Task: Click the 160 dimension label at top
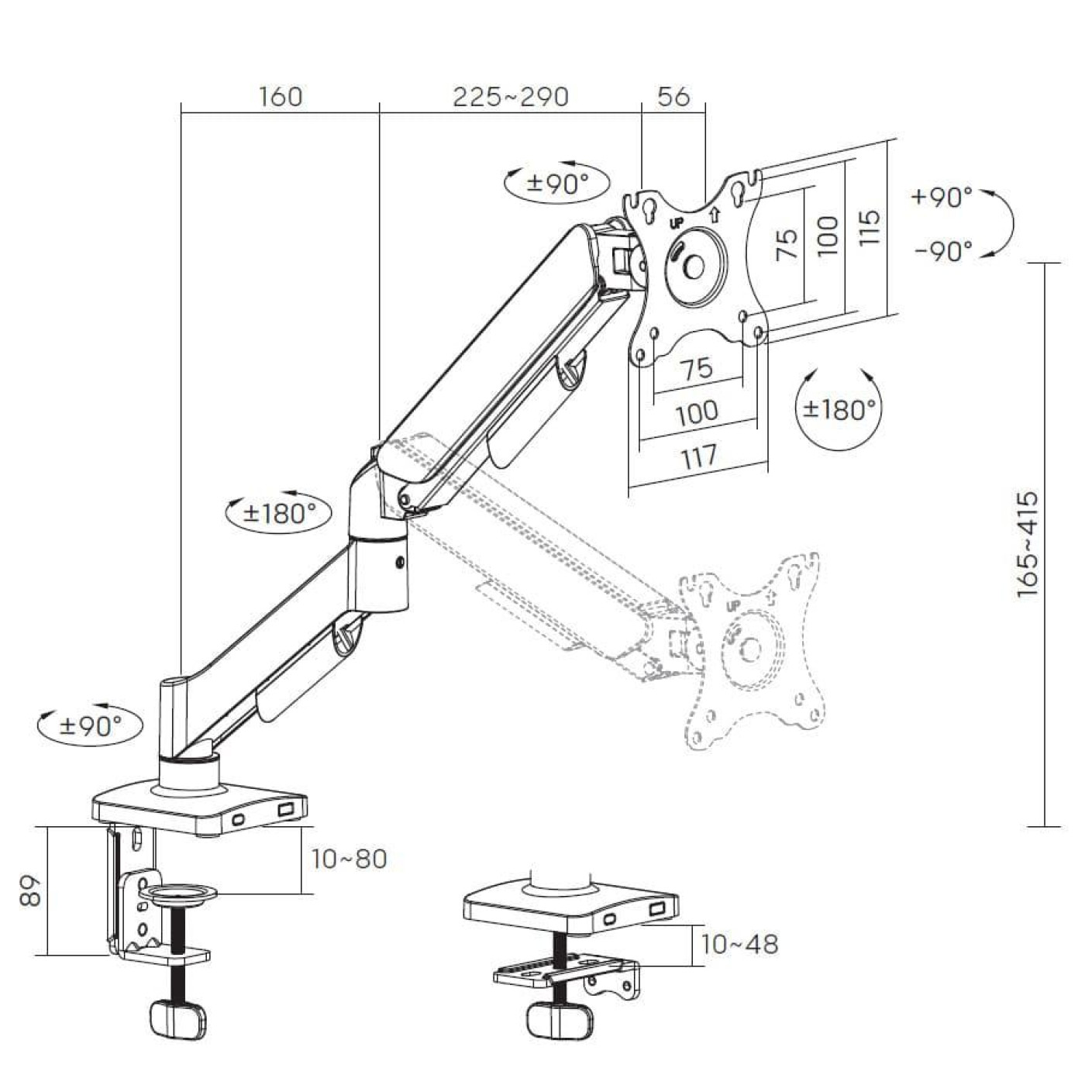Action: coord(281,97)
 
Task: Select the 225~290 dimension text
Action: coord(511,97)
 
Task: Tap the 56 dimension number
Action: coord(673,97)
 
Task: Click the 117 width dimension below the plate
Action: coord(698,456)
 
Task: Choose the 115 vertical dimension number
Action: coord(870,227)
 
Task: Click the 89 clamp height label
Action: coord(29,891)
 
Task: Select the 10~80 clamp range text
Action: coord(349,859)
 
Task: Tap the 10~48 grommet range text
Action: coord(739,944)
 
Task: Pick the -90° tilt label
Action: coord(942,251)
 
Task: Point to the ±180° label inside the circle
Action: coord(839,408)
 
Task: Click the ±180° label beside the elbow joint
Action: coord(279,513)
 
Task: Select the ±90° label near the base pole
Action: coord(91,726)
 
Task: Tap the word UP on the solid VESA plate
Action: coord(677,222)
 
